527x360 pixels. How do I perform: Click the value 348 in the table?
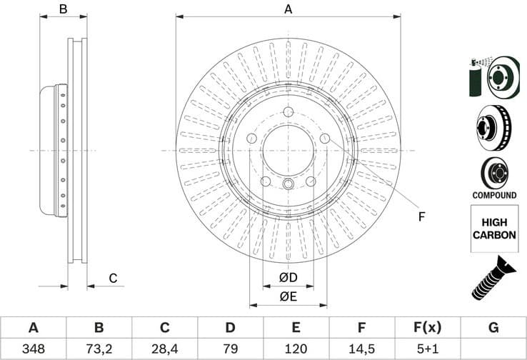coord(33,349)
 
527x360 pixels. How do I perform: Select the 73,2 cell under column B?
coord(99,349)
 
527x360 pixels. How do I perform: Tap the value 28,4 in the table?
coord(164,349)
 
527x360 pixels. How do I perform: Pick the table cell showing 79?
coord(230,349)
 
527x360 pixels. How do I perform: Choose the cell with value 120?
coord(296,349)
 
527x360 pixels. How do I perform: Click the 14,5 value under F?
coord(362,349)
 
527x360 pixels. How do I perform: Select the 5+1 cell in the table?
coord(428,349)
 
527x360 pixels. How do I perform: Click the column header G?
coord(493,328)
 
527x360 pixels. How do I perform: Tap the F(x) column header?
coord(428,328)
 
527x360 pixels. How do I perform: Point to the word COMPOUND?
coord(494,195)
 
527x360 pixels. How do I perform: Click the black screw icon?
coord(493,278)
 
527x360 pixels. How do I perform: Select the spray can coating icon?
coord(476,76)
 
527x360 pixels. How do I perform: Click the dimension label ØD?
coord(288,277)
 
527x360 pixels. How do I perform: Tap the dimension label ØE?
coord(288,296)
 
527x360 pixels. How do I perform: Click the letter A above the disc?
coord(288,9)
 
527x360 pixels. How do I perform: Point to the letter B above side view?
coord(63,9)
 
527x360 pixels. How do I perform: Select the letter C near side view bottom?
coord(112,278)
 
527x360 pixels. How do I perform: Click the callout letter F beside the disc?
coord(421,216)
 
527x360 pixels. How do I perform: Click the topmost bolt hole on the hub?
coord(288,113)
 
